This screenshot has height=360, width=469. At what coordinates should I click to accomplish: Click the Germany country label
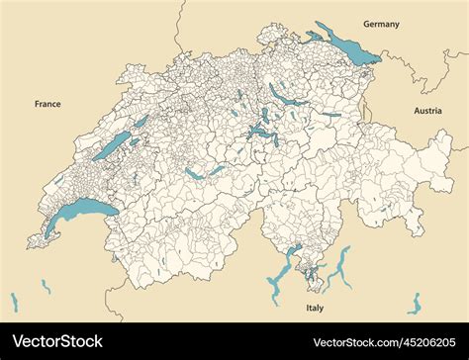click(381, 24)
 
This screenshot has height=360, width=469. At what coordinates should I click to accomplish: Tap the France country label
click(47, 103)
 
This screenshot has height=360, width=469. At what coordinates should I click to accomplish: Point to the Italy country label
click(316, 309)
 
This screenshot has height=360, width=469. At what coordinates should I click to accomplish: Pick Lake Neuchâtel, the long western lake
click(112, 146)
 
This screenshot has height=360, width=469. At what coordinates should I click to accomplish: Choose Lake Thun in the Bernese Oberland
click(195, 173)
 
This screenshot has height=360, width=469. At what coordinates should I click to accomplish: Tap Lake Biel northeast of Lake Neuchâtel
click(141, 123)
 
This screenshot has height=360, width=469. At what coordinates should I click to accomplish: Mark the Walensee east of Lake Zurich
click(328, 115)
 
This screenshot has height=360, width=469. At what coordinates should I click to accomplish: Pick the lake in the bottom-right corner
click(415, 303)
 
